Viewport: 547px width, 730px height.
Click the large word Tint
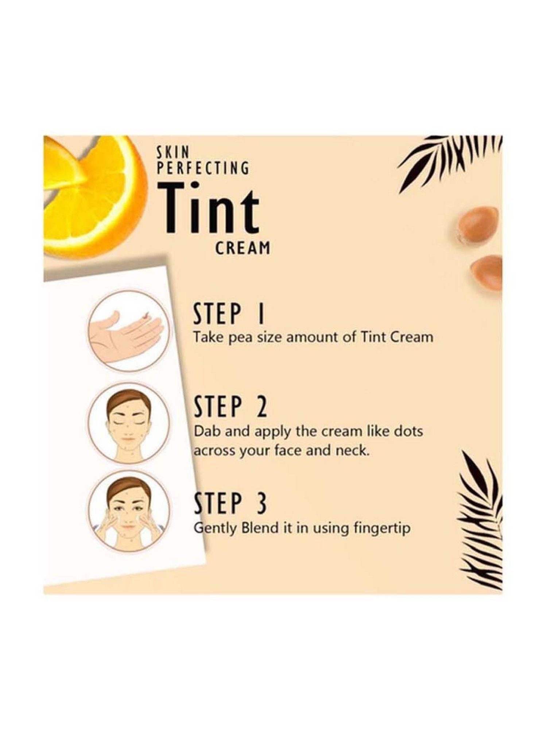(210, 209)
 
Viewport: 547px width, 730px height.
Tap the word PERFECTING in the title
(203, 168)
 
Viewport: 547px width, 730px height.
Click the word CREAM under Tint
(243, 248)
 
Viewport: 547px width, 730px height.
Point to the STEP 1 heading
(229, 314)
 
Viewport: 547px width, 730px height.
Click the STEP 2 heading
(230, 407)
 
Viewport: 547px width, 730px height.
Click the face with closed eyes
(129, 424)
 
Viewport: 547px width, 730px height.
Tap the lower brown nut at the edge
(487, 272)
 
